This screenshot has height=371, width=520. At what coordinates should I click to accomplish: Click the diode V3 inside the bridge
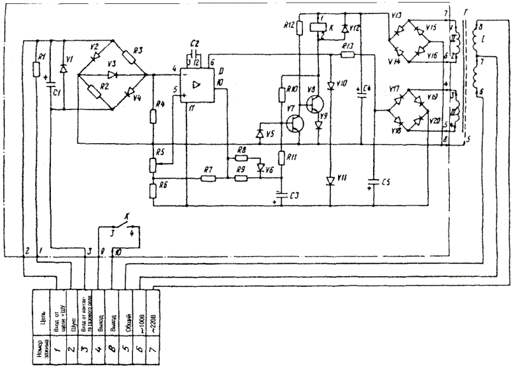click(111, 74)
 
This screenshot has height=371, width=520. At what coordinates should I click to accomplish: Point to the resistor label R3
click(138, 51)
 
